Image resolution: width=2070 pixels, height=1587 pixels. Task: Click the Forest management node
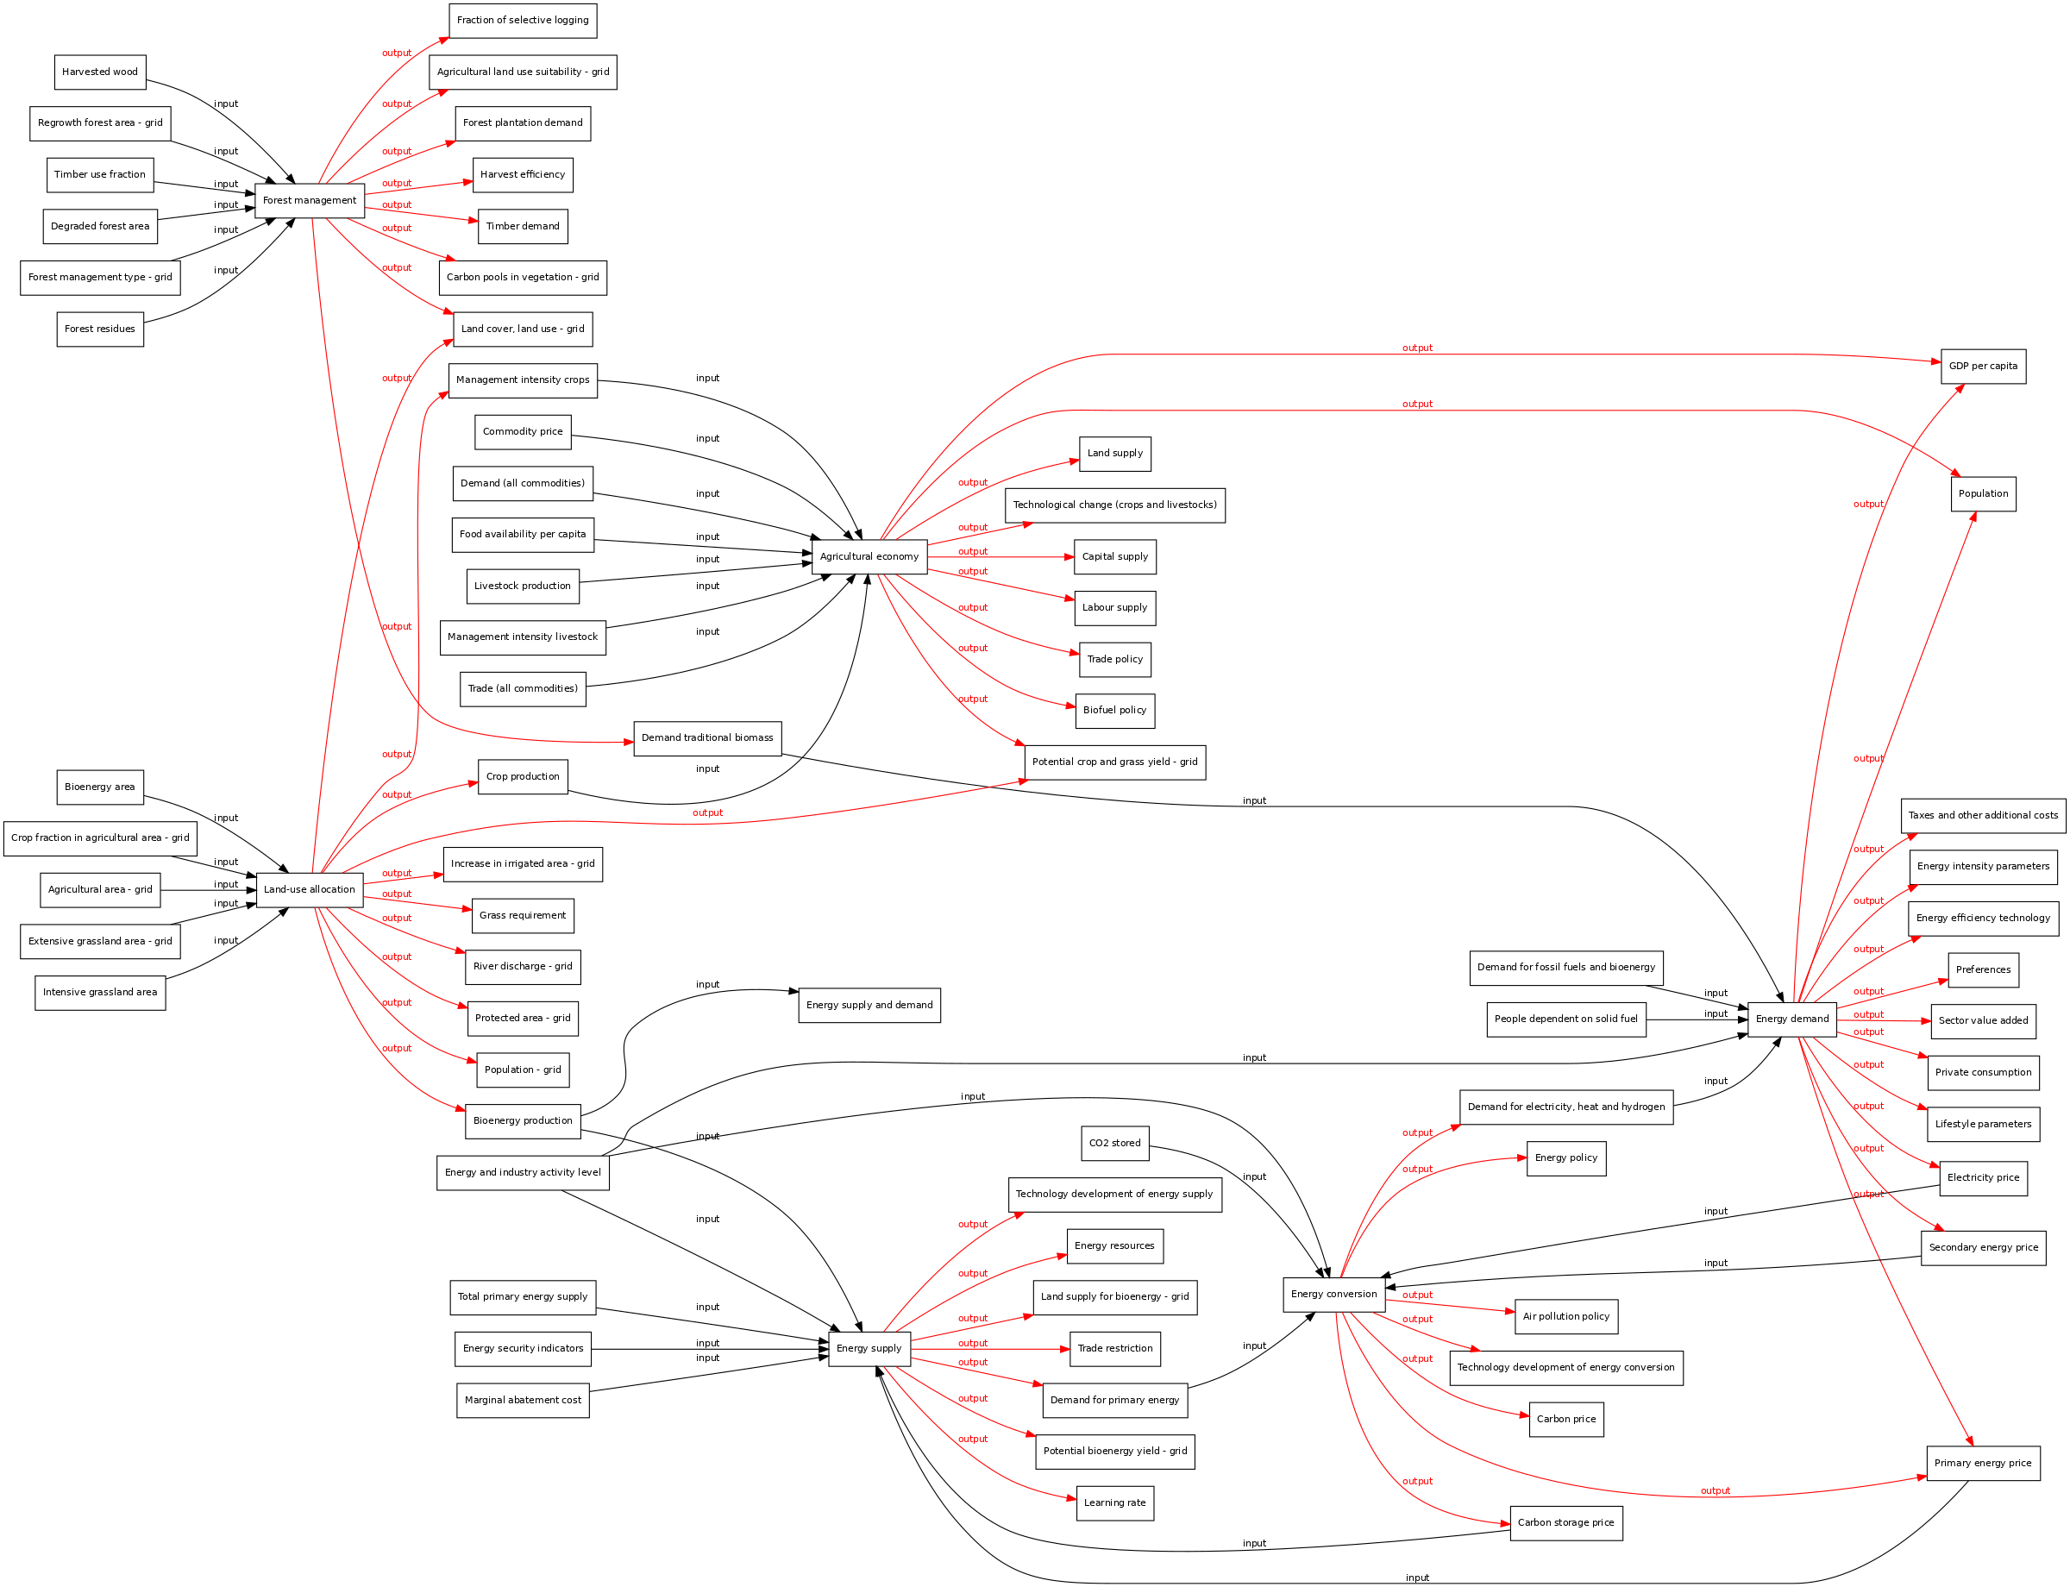tap(309, 200)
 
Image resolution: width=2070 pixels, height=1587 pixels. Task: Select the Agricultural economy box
tap(869, 556)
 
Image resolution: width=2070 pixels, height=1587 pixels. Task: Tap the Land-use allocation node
tap(309, 890)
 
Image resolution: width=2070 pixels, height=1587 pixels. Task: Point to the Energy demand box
tap(1792, 1019)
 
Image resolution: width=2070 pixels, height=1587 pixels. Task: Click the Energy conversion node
tap(1334, 1294)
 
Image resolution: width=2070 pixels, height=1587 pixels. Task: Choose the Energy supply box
tap(869, 1348)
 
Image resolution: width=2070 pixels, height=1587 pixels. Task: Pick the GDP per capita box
tap(1983, 367)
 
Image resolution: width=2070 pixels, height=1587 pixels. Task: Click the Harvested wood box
tap(100, 72)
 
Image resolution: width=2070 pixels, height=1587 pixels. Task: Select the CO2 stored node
tap(1115, 1143)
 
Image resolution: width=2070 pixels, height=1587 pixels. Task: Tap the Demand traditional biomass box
tap(707, 737)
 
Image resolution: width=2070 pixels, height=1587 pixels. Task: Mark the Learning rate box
tap(1115, 1503)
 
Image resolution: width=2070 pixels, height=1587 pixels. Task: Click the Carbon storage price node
tap(1566, 1523)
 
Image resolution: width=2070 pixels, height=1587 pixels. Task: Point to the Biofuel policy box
tap(1115, 711)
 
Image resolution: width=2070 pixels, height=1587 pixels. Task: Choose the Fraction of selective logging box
tap(523, 21)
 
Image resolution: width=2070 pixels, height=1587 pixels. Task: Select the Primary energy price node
tap(1983, 1464)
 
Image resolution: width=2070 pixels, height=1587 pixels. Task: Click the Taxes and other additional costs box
tap(1983, 815)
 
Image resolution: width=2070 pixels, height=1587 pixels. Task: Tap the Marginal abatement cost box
tap(523, 1400)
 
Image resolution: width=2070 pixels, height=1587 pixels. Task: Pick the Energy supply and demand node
tap(869, 1005)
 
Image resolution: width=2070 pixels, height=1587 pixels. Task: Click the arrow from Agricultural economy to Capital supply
tap(1001, 557)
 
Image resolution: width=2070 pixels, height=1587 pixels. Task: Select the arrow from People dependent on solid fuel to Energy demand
tap(1697, 1020)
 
